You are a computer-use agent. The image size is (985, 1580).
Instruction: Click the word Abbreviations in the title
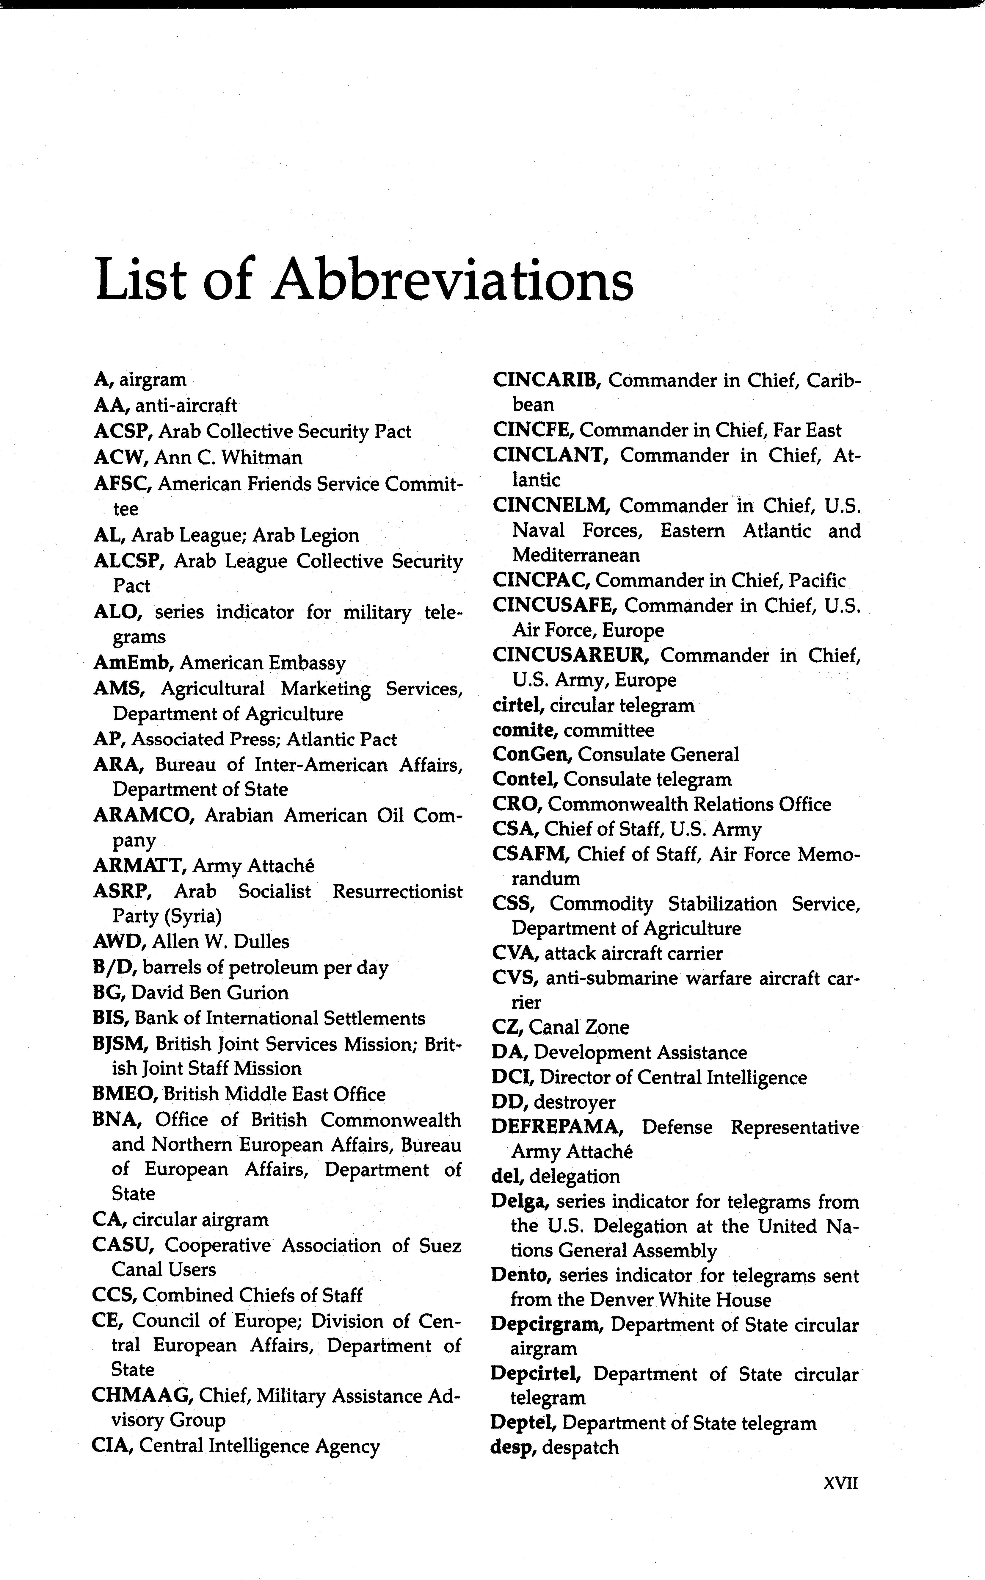coord(453,279)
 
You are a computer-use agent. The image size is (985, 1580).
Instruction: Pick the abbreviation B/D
coord(114,967)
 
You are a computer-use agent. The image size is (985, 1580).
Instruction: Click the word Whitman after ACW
coord(262,458)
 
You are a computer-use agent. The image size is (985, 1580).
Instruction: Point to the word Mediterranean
coord(576,555)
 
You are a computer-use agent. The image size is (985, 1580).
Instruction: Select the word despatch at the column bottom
coord(581,1448)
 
